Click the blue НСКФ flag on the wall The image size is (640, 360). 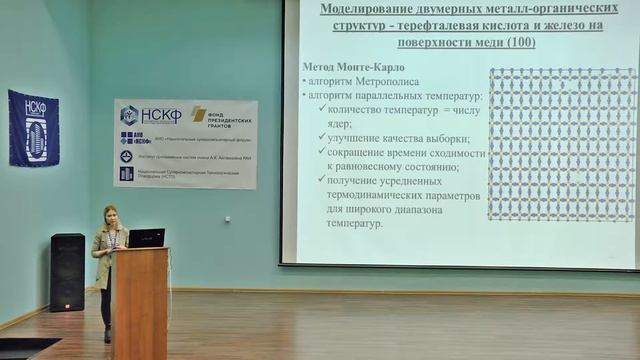coord(34,127)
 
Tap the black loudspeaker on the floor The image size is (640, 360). coord(67,272)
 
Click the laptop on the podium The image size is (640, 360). coord(146,238)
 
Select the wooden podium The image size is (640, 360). coord(139,300)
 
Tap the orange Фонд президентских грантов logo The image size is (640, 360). coord(199,114)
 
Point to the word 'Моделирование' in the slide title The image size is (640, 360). coord(370,9)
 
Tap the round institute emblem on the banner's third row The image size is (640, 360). coord(126,156)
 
